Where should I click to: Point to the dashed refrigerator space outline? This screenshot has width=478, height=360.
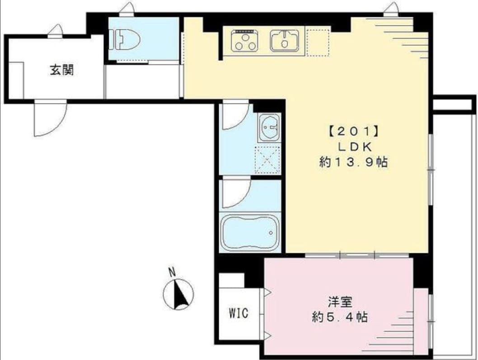coord(317,42)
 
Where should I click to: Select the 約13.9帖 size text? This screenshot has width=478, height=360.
coord(353,162)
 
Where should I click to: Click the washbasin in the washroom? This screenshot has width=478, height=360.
coord(269,128)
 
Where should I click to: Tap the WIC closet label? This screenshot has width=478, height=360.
coord(238,313)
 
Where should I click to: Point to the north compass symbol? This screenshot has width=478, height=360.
coord(179,294)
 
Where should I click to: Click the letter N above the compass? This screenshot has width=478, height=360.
coord(172,272)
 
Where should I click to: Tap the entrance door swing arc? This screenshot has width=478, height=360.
coord(51,118)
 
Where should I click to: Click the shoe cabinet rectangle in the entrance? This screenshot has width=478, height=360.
coord(16,80)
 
